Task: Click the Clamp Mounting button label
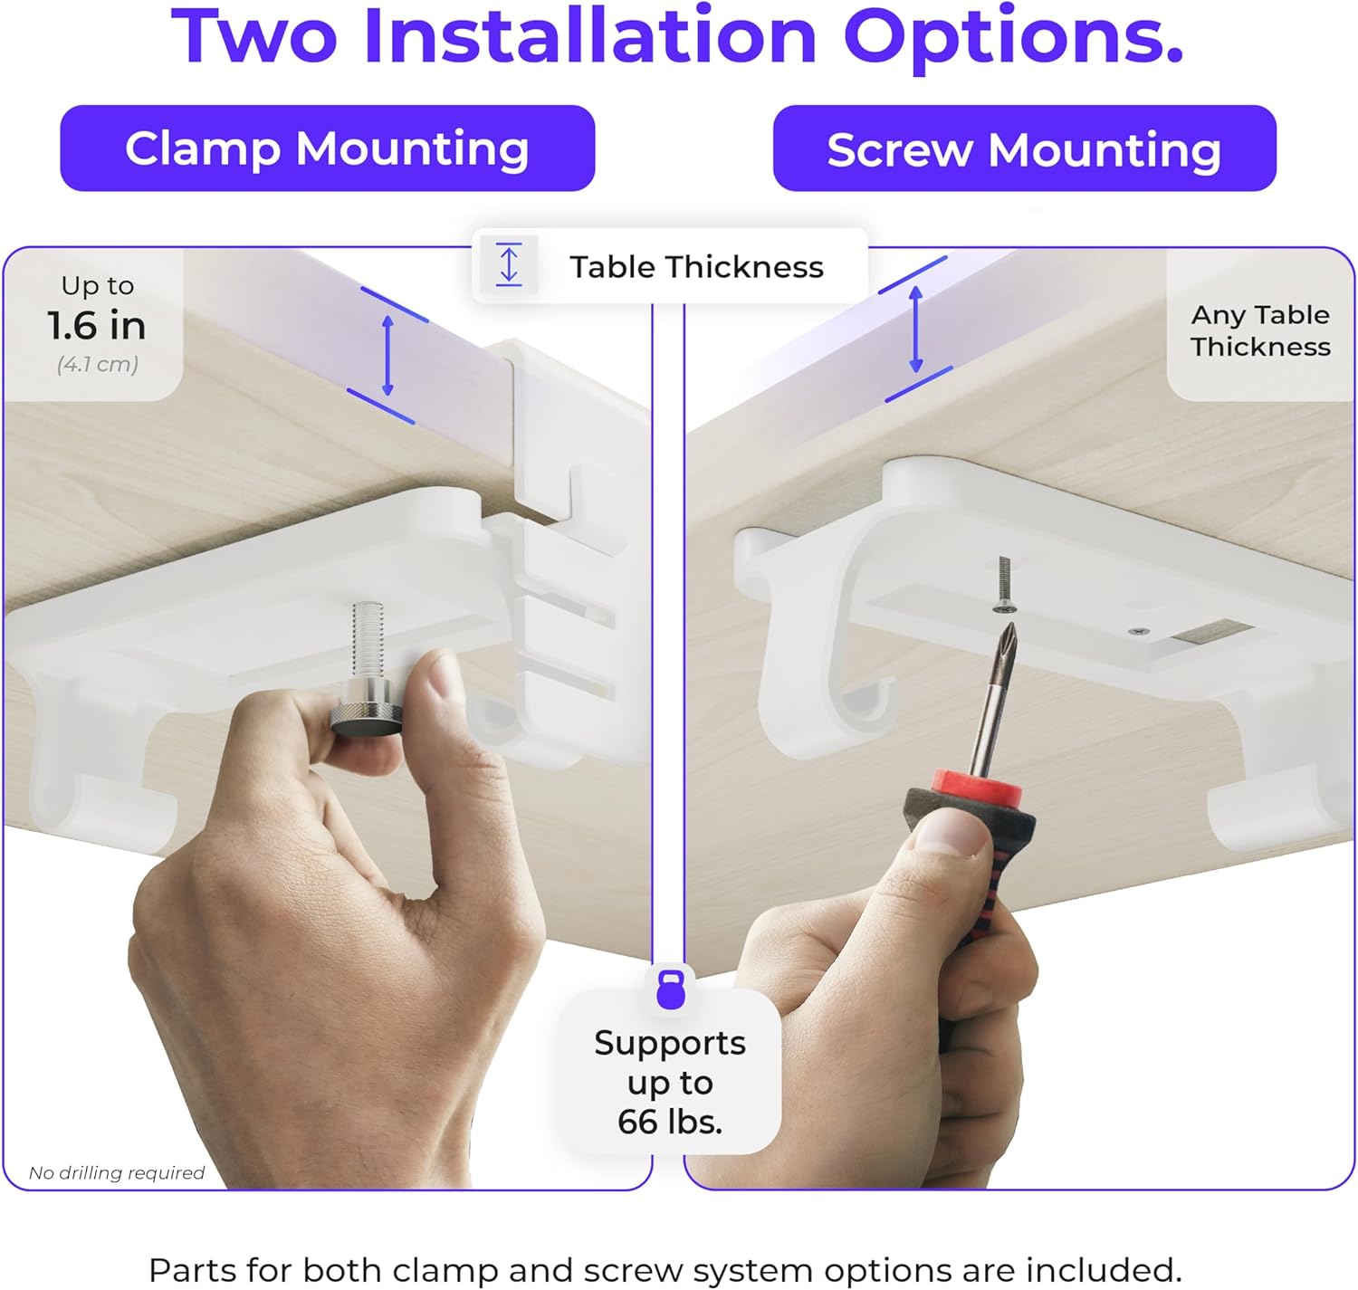(327, 148)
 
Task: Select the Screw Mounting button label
(1024, 149)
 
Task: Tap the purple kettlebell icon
(670, 989)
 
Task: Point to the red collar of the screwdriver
(976, 789)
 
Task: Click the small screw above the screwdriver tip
(1004, 585)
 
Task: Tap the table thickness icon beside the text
(509, 264)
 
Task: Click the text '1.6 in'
(97, 325)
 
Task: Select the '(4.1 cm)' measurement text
(98, 363)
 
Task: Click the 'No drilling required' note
(117, 1172)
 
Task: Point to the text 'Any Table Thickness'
(1260, 330)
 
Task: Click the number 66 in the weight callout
(638, 1122)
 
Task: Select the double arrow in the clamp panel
(387, 355)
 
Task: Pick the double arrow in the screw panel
(916, 330)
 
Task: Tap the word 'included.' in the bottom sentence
(1103, 1270)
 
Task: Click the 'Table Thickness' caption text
(696, 267)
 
